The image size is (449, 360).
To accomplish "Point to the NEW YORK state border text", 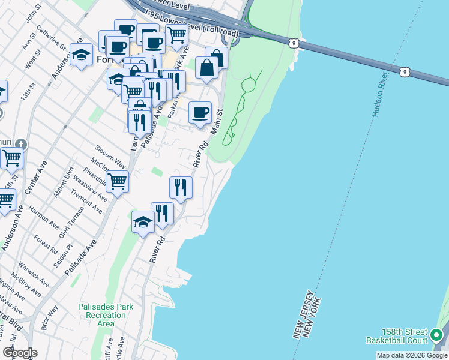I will coord(313,318).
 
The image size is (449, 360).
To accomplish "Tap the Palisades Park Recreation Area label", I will coord(106,314).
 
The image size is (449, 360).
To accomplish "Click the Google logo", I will coord(19,353).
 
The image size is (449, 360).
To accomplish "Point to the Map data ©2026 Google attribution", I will coord(411,355).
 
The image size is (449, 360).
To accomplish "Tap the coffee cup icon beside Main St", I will coord(200,112).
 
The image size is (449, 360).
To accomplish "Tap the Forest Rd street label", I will coord(45,245).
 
